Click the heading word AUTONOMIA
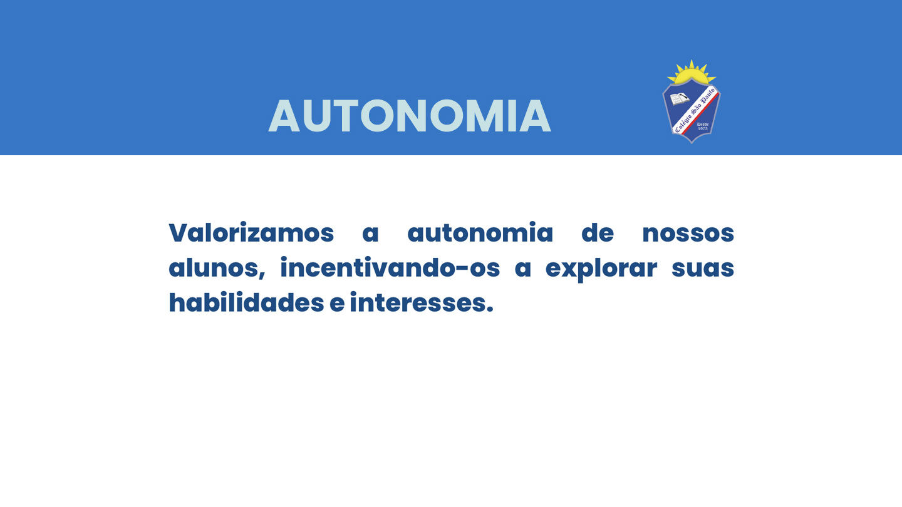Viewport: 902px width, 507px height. click(410, 116)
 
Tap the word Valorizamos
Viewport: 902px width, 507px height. click(251, 232)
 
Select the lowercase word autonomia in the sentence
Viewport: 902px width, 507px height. click(480, 233)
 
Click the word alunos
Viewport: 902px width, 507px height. click(217, 268)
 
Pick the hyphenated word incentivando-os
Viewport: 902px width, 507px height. click(390, 268)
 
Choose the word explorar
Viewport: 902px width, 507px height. click(601, 269)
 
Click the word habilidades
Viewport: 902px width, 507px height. click(246, 302)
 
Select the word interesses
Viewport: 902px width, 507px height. click(421, 302)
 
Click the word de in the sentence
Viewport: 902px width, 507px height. click(598, 233)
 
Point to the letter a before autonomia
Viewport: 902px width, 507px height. click(370, 234)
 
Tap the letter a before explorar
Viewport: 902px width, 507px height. click(522, 269)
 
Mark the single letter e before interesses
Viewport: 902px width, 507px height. click(337, 304)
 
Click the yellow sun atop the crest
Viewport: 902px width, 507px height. click(692, 73)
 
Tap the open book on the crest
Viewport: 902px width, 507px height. click(680, 99)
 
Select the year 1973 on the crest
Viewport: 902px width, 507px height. click(703, 129)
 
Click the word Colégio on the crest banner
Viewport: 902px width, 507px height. click(683, 123)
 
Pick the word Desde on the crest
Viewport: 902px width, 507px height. click(703, 125)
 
